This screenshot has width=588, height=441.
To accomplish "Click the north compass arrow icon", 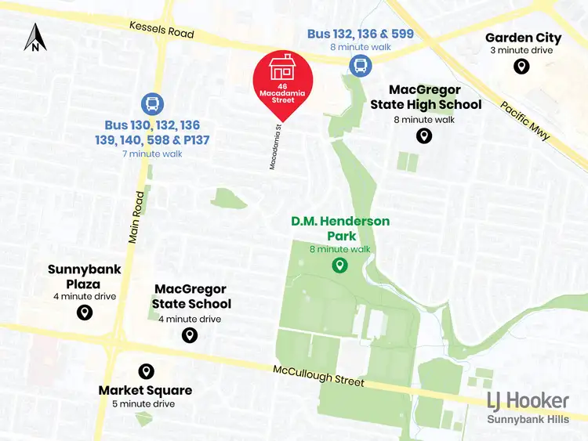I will tap(36, 37).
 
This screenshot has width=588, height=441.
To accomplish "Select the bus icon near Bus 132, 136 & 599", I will tap(360, 65).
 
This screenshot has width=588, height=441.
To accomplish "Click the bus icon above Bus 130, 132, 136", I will tap(152, 103).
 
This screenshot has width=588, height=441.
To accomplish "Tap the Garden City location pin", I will tap(521, 67).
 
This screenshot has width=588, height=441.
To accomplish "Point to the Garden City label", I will tap(523, 38).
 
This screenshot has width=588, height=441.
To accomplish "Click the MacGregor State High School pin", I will tap(423, 136).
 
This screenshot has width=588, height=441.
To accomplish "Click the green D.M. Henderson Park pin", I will tap(339, 266).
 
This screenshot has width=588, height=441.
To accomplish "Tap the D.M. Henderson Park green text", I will tap(340, 229).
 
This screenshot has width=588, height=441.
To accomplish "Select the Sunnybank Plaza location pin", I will tap(85, 313).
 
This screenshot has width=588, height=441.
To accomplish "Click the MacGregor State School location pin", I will tap(189, 335).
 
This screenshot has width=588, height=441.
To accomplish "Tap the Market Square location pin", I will tap(145, 371).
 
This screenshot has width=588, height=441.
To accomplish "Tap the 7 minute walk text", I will tap(152, 154).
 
